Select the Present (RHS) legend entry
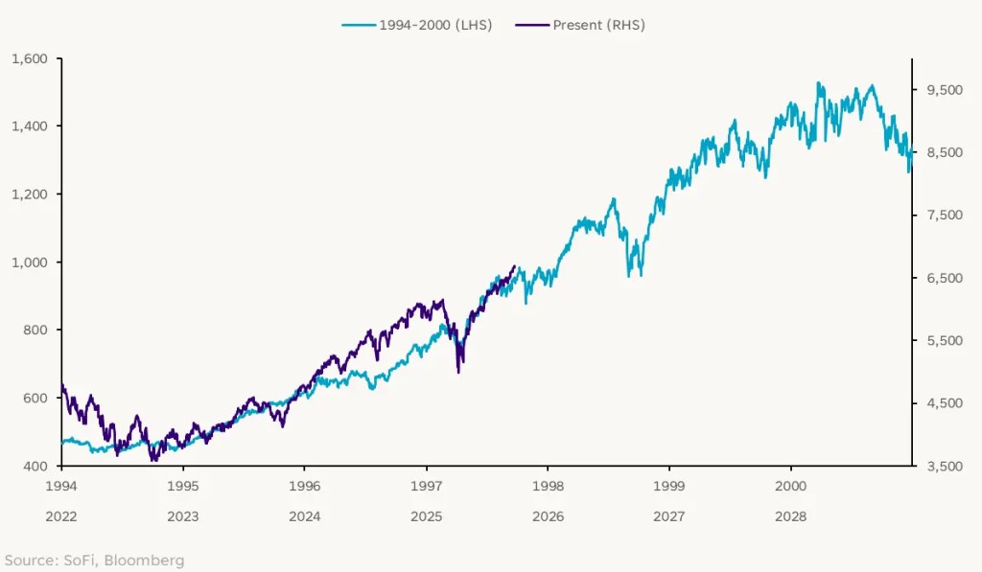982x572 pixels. (587, 25)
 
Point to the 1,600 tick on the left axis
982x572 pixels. (30, 58)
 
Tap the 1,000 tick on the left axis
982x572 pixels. (30, 262)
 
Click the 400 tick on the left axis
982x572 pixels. (35, 466)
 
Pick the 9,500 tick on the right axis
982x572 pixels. (944, 90)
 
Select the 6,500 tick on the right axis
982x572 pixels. (944, 278)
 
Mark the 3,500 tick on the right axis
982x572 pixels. (944, 466)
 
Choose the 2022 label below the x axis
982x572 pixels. (61, 516)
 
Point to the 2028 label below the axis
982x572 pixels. (790, 516)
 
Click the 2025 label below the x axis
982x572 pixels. (426, 516)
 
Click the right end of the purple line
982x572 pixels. (516, 266)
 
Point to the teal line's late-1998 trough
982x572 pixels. (630, 276)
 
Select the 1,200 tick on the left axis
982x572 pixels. (30, 194)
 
